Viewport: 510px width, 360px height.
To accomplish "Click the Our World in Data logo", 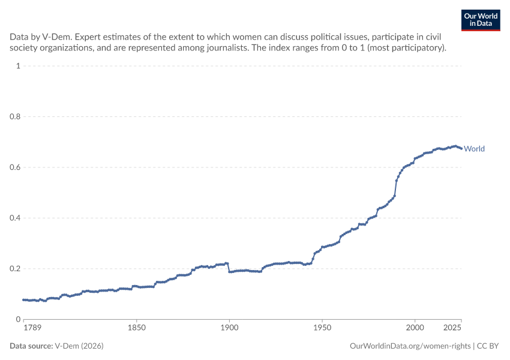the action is click(481, 20).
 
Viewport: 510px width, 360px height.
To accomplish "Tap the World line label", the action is click(474, 149).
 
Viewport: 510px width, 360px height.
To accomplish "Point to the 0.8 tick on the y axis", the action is click(15, 116).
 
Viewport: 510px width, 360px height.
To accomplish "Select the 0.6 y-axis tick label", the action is click(15, 167).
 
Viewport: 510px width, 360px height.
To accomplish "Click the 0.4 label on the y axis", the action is click(15, 218).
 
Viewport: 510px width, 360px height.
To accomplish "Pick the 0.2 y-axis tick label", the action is click(15, 269).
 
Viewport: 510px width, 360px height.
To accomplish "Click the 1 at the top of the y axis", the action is click(18, 65).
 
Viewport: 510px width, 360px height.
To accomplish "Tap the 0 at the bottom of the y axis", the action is click(18, 319).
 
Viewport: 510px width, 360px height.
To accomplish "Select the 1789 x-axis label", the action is click(32, 328).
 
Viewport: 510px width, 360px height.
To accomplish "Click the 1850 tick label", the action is click(137, 328).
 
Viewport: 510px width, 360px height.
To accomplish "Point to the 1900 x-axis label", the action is click(229, 328).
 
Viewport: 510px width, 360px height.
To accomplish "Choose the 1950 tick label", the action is click(322, 328).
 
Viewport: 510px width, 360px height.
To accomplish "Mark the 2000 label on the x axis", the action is click(415, 328).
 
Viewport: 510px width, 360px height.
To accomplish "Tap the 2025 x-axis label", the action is click(452, 328).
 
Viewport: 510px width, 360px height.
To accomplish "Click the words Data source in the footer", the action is click(31, 346).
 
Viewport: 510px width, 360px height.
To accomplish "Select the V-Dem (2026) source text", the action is click(79, 346).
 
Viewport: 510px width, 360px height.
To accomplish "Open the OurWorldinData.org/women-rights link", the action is click(410, 346).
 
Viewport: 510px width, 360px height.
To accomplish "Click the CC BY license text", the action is click(488, 346).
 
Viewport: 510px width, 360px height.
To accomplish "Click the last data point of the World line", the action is click(461, 149).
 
